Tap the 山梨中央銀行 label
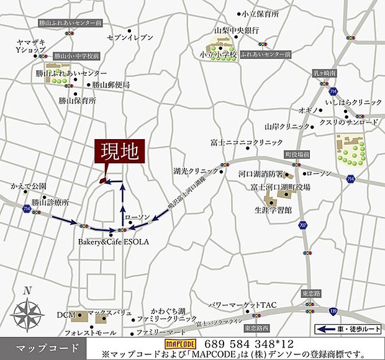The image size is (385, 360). point(236,30)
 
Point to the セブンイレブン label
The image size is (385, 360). point(130,38)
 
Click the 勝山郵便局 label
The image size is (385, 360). point(111,85)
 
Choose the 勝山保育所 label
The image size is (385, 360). point(78,100)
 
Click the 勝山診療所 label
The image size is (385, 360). point(50,202)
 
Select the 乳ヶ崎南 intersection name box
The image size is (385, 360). point(324,73)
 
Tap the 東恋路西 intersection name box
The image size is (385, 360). point(257,327)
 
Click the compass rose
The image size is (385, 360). point(27,311)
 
